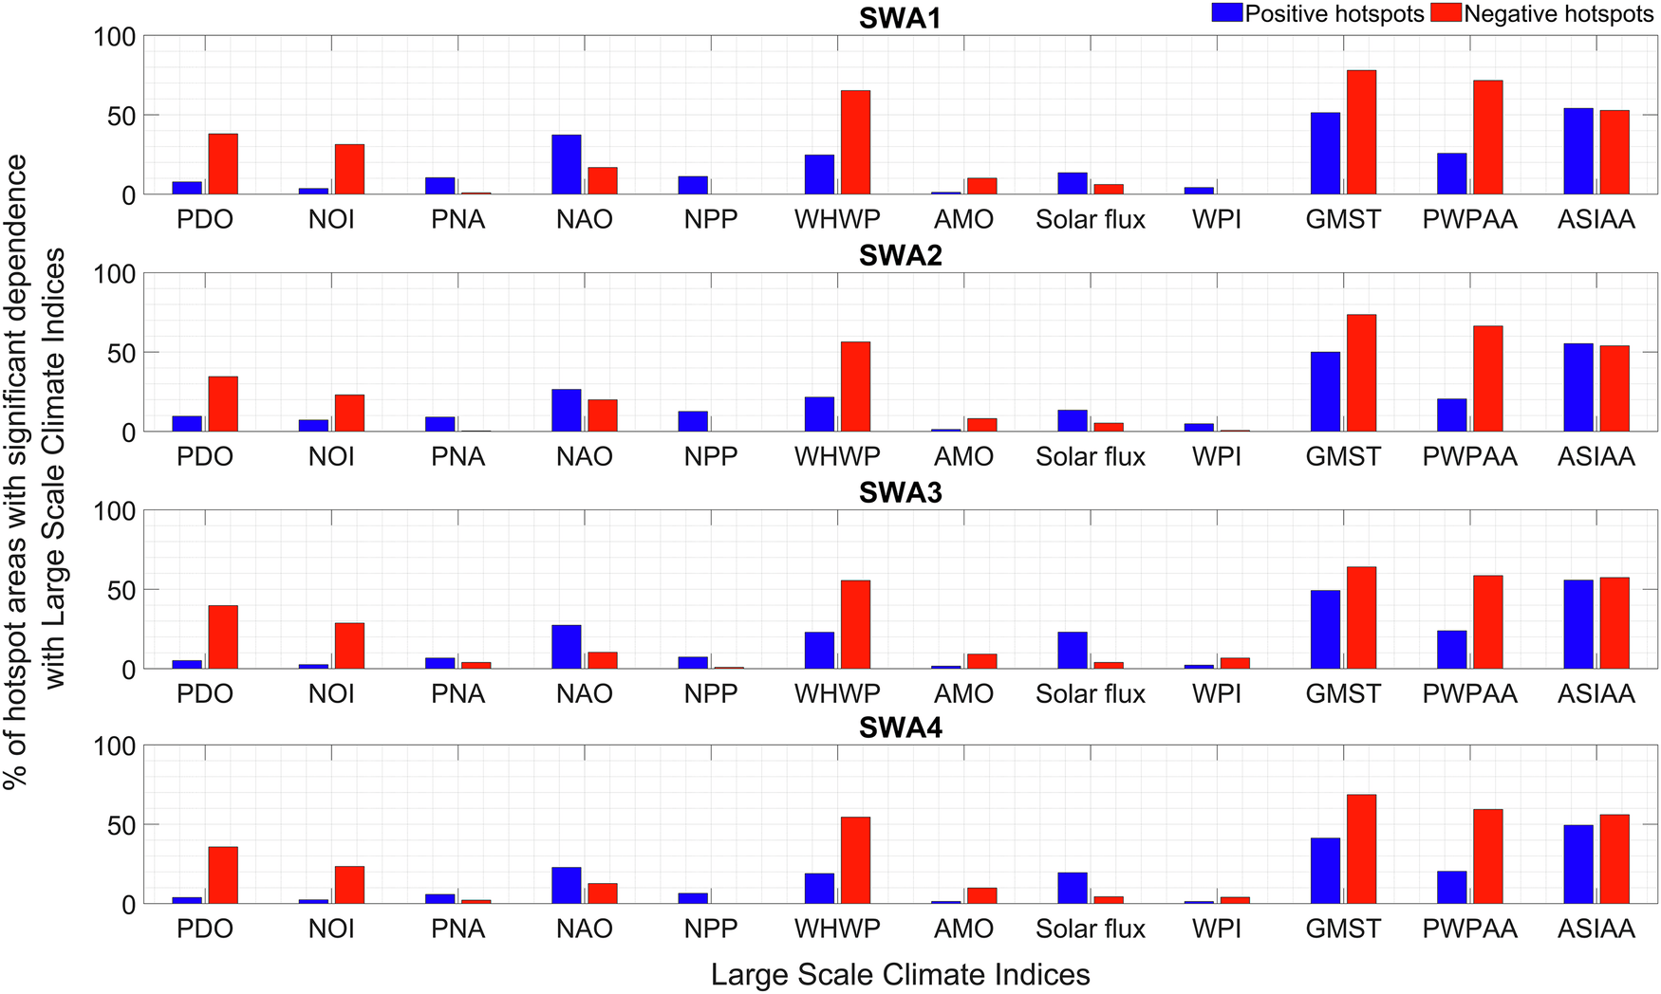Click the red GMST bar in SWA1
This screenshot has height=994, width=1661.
(x=1361, y=133)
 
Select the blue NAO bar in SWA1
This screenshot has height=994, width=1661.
(x=567, y=165)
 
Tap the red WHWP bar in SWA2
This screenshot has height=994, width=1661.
(x=855, y=387)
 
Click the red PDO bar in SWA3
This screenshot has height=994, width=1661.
(x=223, y=637)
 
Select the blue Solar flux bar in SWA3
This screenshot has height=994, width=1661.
(x=1073, y=651)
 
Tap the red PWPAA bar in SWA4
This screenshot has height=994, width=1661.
(x=1487, y=856)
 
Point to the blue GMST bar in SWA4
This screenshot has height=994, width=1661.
(x=1325, y=871)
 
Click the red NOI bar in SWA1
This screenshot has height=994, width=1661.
(x=349, y=170)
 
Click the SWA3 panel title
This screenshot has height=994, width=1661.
(x=900, y=492)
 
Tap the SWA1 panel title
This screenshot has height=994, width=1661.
(x=900, y=19)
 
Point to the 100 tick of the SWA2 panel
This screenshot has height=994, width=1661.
(x=115, y=274)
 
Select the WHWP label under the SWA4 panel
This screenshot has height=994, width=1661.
(x=837, y=929)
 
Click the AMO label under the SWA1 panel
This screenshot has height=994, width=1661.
(x=963, y=220)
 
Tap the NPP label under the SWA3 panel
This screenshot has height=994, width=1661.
(x=710, y=694)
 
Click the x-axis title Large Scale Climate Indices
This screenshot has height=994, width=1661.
(x=900, y=974)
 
